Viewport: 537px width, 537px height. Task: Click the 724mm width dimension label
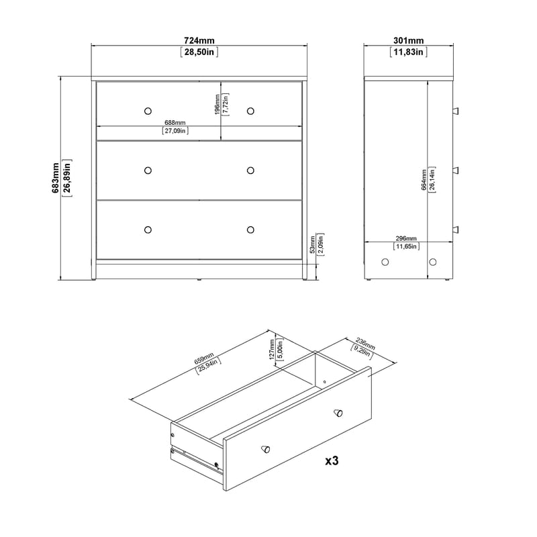tap(199, 40)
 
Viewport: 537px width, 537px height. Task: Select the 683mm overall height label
tap(56, 178)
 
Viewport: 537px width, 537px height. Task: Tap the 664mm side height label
tap(424, 178)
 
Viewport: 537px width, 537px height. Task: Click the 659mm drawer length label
tap(203, 360)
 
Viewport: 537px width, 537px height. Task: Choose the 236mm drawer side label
tap(365, 343)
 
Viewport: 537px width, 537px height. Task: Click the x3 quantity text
tap(332, 461)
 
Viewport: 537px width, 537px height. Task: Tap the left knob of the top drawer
tap(148, 111)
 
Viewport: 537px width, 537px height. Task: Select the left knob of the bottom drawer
tap(148, 230)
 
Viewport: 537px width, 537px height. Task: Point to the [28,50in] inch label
tap(199, 52)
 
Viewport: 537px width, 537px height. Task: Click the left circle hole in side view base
tap(385, 262)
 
